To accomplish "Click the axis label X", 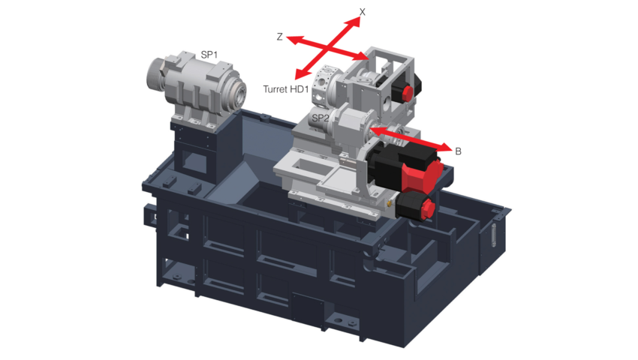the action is (x=362, y=12).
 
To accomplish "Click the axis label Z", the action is (x=279, y=37).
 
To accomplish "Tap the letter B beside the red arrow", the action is (x=458, y=151).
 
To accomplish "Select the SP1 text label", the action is (x=209, y=55).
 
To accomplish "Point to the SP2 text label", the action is (x=321, y=118).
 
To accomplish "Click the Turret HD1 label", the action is (x=286, y=89).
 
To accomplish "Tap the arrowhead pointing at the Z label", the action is (x=293, y=40).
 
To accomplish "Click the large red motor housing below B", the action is (x=421, y=175).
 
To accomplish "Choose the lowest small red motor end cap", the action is (x=427, y=208).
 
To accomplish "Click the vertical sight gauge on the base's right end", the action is (x=495, y=235).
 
